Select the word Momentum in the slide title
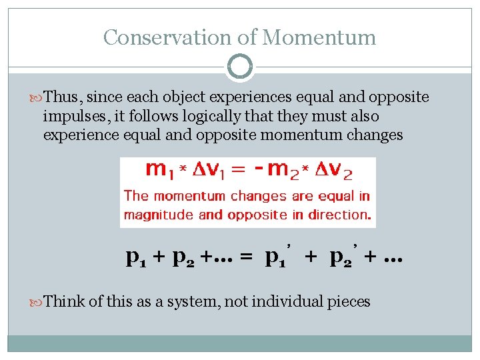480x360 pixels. (319, 37)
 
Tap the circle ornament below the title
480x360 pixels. (240, 67)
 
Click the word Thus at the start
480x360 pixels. (65, 98)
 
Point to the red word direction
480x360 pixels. (343, 215)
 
